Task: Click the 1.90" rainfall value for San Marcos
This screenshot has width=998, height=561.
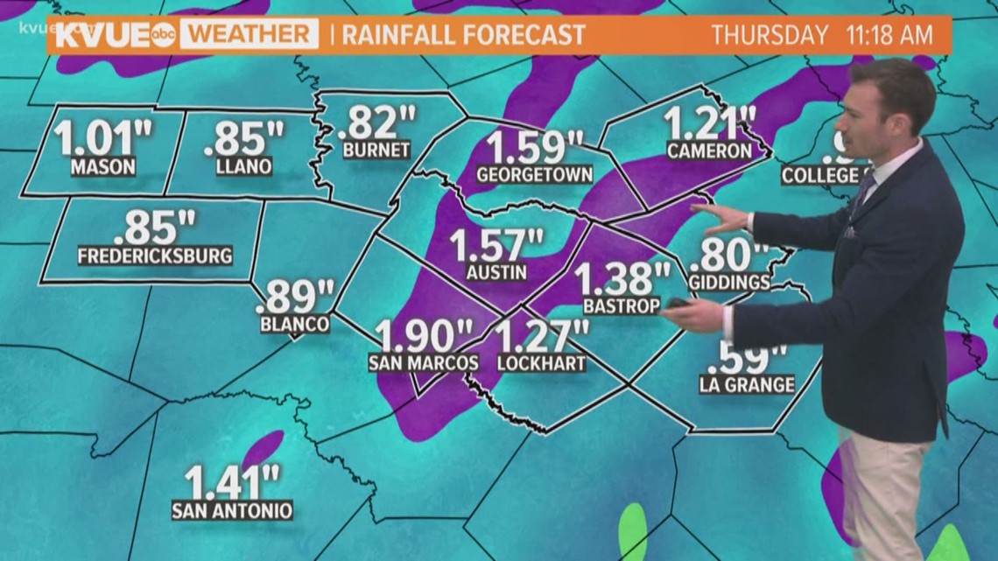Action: coord(424,336)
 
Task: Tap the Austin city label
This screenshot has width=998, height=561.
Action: coord(496,272)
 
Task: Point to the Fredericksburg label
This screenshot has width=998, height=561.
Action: coord(155,256)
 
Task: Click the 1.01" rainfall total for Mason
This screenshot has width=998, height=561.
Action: coord(102,138)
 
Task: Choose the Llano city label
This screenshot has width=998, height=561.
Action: coord(244,165)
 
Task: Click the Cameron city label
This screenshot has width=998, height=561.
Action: coord(709,151)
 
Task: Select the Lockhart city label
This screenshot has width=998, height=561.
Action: coord(541,362)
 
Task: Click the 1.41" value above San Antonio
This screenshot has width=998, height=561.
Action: coord(232,481)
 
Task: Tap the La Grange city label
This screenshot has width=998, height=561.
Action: coord(747,384)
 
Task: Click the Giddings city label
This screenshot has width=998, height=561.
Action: coord(729,283)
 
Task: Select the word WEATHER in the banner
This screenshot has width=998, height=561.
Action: coord(249,35)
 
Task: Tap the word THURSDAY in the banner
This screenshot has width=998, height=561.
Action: coord(770,36)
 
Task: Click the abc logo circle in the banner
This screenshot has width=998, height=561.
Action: coord(163,35)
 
